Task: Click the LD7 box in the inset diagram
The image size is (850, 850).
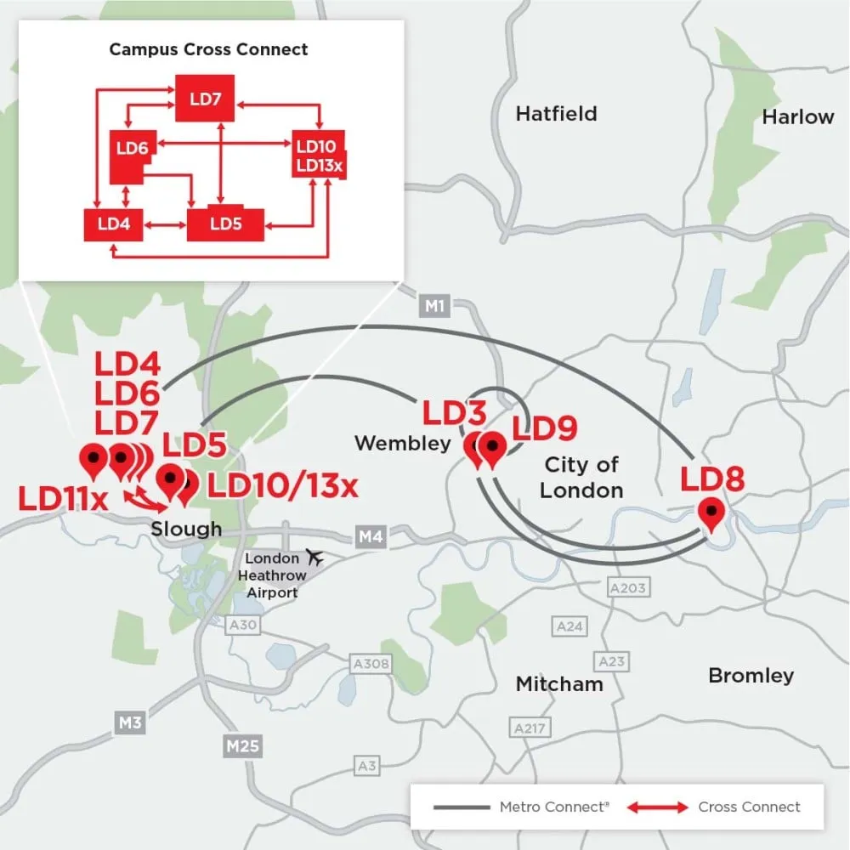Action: [205, 99]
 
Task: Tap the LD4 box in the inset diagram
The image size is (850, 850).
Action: [113, 224]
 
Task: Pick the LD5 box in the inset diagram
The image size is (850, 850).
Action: [226, 224]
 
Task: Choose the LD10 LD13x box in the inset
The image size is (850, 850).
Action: [319, 156]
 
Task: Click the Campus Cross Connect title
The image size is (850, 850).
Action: [208, 49]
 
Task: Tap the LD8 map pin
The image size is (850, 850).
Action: [711, 513]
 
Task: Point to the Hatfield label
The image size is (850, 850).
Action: [556, 114]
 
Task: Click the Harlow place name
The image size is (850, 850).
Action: [797, 117]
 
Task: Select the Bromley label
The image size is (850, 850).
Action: [751, 676]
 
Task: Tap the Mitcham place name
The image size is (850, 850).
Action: [558, 684]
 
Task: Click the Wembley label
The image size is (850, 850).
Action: [402, 443]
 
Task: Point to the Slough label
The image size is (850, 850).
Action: [186, 529]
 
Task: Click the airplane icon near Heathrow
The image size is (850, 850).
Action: [315, 558]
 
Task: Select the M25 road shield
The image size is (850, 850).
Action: [243, 747]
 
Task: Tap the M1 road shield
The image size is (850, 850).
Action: [434, 306]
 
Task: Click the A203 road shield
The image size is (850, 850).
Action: [628, 587]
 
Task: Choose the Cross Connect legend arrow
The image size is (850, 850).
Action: [659, 807]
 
